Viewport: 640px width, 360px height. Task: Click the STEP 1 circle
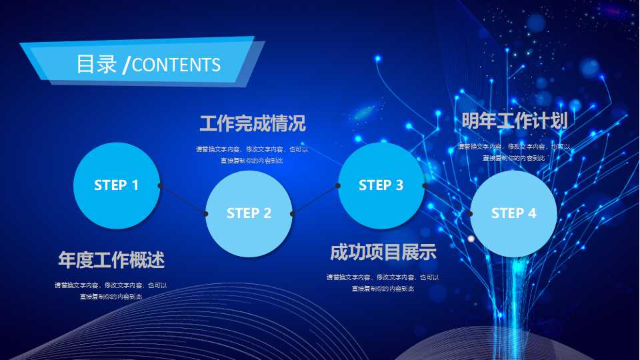116,185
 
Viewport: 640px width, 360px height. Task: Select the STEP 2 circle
249,213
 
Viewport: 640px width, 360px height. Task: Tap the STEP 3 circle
381,185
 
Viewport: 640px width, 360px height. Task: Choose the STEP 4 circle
513,213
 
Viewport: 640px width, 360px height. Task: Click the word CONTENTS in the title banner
176,65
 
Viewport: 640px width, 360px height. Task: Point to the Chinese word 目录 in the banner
97,64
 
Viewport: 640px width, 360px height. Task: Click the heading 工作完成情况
252,123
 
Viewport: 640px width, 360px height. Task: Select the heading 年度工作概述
111,260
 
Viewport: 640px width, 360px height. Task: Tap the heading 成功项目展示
383,253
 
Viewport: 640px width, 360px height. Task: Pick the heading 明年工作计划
514,121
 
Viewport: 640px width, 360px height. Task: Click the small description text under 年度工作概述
111,291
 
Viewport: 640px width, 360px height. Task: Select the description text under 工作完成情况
252,155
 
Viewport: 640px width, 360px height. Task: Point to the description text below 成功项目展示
383,283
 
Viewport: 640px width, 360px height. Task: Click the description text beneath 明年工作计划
514,152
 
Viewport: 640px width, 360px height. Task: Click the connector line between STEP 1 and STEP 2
183,199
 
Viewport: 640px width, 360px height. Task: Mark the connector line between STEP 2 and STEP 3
315,199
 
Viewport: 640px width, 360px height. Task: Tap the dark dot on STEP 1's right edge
159,185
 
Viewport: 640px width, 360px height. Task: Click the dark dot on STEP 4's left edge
470,213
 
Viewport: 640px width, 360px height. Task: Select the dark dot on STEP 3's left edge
337,185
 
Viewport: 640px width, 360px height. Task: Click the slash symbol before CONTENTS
127,65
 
